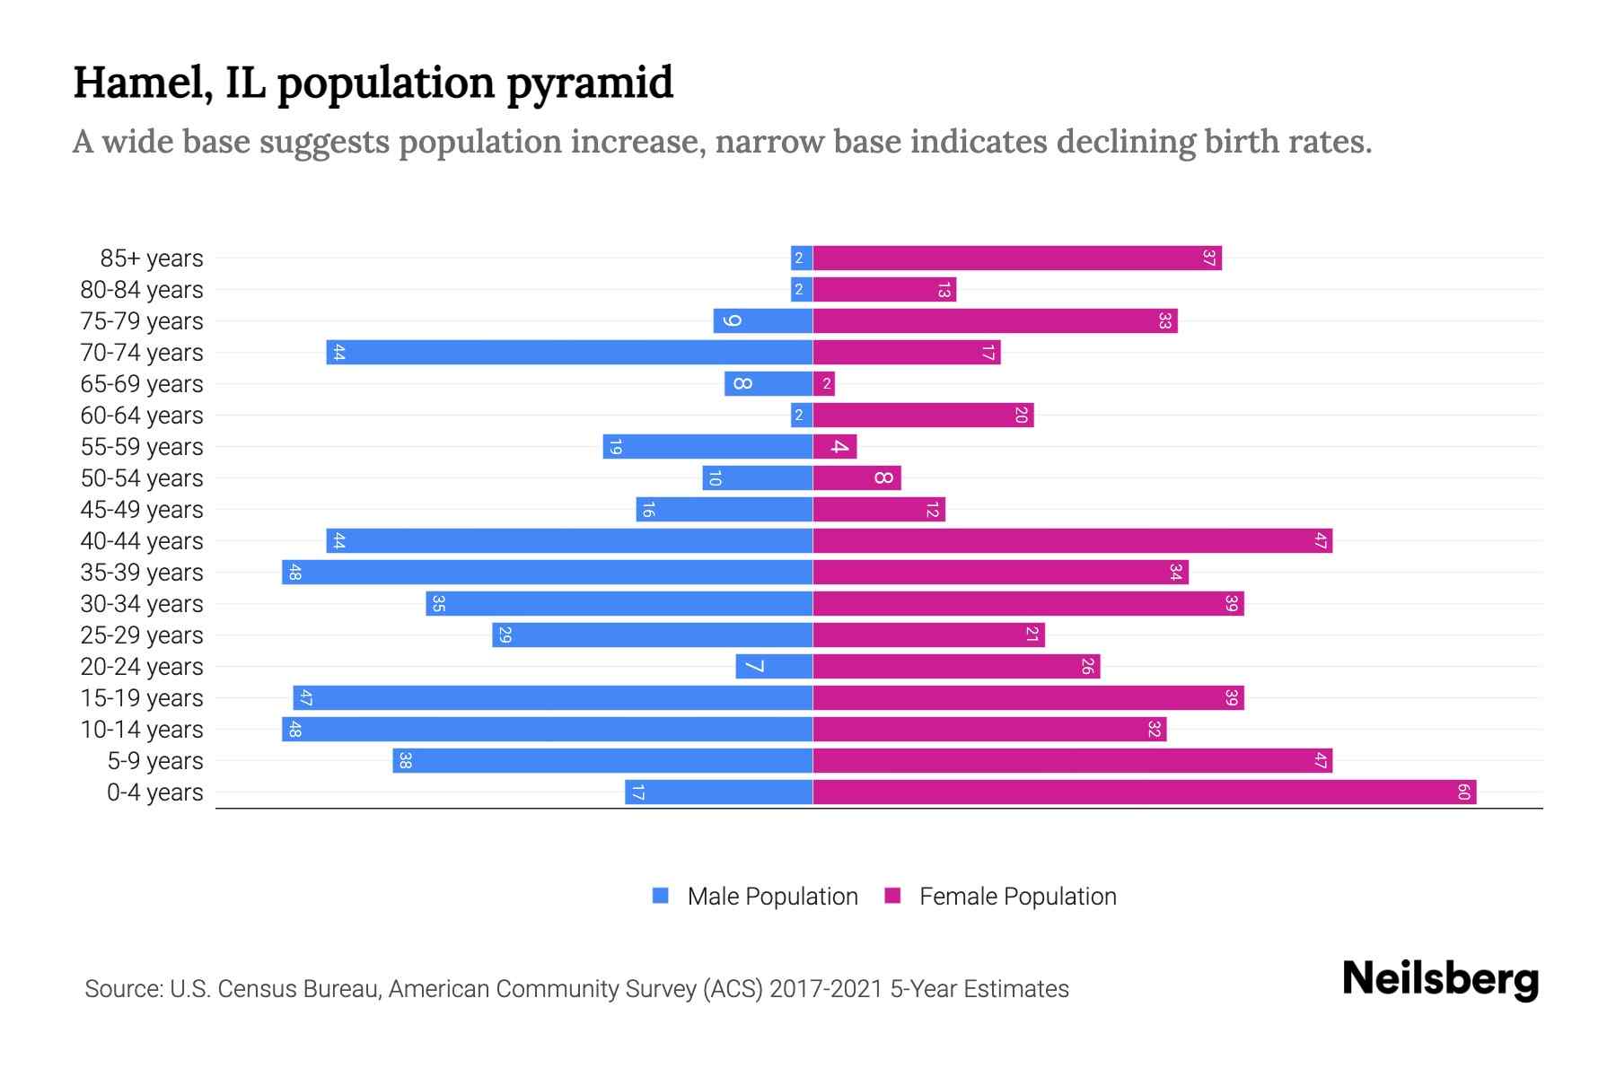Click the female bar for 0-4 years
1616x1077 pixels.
tap(1145, 792)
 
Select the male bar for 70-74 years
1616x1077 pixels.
tap(569, 353)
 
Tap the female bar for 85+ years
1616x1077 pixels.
tap(1017, 258)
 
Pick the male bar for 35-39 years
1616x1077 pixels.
tap(547, 573)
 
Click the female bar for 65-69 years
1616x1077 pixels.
tap(824, 384)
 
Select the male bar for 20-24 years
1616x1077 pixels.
tap(774, 667)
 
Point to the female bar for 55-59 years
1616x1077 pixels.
tap(835, 447)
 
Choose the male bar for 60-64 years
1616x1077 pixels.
tap(802, 416)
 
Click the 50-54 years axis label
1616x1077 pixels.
tap(142, 478)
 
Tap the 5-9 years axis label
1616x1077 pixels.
tap(155, 761)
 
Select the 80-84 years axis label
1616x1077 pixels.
tap(142, 290)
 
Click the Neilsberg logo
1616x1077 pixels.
tap(1440, 979)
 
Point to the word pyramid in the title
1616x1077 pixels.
tap(589, 83)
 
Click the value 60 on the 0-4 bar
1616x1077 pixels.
tap(1463, 792)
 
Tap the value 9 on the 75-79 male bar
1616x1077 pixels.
tap(733, 321)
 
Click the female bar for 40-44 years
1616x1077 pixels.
tap(1072, 541)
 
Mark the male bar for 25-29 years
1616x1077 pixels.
tap(653, 635)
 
